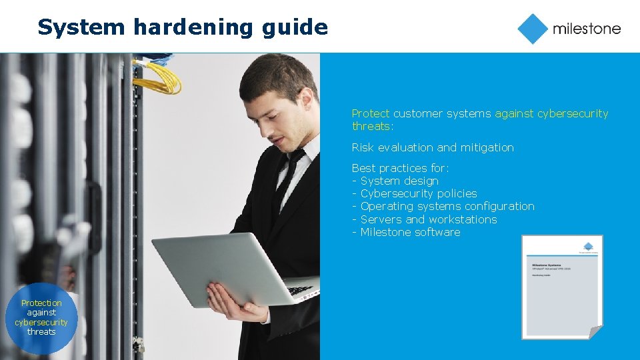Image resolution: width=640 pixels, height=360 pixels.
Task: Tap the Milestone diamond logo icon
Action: click(533, 29)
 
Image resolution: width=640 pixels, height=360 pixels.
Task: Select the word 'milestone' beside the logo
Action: click(586, 29)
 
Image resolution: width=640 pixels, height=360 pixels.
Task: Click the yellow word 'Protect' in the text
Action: click(371, 113)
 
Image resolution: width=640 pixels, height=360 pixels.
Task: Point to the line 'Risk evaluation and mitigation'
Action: click(433, 147)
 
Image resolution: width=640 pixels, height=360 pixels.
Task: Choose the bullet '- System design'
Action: click(395, 181)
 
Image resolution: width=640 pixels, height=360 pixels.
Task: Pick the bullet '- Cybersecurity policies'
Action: click(415, 193)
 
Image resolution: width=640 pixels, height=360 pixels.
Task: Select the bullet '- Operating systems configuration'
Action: click(443, 206)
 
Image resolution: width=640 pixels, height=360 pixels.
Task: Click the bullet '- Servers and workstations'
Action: click(425, 219)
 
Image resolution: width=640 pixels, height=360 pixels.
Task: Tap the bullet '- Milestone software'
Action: click(406, 232)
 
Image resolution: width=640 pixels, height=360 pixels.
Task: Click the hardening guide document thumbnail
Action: click(562, 287)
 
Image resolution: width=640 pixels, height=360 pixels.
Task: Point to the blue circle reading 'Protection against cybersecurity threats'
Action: click(41, 317)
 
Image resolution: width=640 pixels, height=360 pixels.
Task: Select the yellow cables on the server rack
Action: click(158, 77)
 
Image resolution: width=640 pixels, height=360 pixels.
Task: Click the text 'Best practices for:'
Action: click(401, 168)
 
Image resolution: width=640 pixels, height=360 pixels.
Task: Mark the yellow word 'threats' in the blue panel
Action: click(372, 126)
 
